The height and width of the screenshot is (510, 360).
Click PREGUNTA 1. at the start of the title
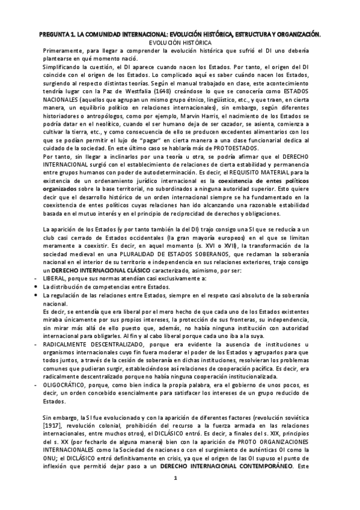[50, 35]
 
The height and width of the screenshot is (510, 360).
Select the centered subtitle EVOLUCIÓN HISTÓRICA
[180, 43]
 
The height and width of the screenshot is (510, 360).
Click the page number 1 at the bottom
[174, 496]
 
